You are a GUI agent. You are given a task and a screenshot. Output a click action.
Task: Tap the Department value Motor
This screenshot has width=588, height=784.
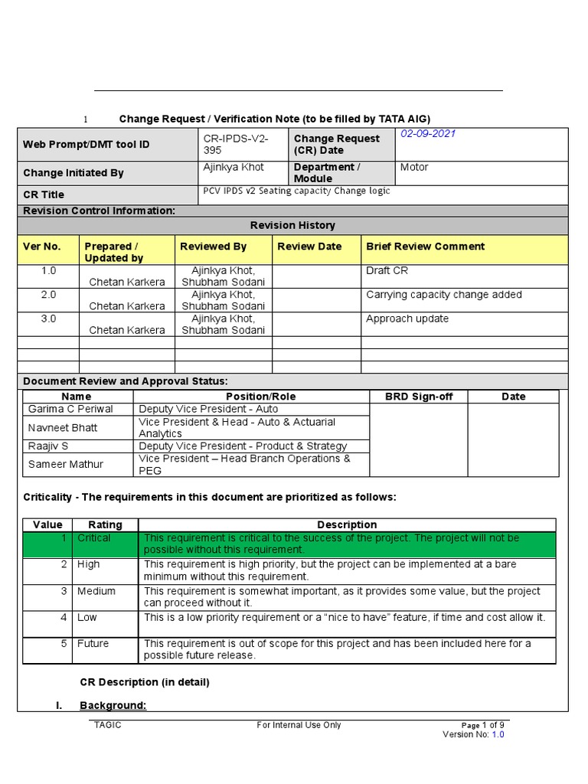pyautogui.click(x=414, y=167)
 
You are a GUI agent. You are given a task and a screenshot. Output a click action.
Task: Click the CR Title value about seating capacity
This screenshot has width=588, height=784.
pyautogui.click(x=296, y=191)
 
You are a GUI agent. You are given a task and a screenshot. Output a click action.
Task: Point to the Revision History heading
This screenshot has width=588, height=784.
pyautogui.click(x=292, y=225)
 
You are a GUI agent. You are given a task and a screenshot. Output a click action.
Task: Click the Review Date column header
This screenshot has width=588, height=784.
pyautogui.click(x=309, y=247)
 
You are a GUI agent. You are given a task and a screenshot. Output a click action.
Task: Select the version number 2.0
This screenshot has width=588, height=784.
pyautogui.click(x=48, y=295)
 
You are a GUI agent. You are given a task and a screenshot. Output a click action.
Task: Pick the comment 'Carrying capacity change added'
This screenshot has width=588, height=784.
pyautogui.click(x=444, y=295)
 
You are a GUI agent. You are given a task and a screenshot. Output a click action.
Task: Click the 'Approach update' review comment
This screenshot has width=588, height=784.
pyautogui.click(x=407, y=318)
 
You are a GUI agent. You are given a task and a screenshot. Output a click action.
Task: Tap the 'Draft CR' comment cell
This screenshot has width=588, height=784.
pyautogui.click(x=387, y=271)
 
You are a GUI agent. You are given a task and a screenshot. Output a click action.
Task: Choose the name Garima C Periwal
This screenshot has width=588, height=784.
pyautogui.click(x=64, y=410)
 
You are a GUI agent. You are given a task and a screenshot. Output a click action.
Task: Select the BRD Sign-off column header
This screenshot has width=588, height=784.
pyautogui.click(x=417, y=397)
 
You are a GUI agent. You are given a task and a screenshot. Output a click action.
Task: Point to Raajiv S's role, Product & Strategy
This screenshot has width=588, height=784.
pyautogui.click(x=243, y=446)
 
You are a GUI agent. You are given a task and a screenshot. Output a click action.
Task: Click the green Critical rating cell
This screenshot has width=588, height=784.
pyautogui.click(x=93, y=538)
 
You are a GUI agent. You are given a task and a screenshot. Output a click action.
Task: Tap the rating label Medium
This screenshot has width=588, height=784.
pyautogui.click(x=96, y=591)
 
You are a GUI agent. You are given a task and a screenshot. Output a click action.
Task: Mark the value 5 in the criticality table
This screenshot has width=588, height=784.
pyautogui.click(x=65, y=644)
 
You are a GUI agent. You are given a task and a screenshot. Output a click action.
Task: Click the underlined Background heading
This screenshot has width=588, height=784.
pyautogui.click(x=113, y=705)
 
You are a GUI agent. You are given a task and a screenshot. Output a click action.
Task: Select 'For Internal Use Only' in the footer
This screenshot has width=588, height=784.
pyautogui.click(x=299, y=725)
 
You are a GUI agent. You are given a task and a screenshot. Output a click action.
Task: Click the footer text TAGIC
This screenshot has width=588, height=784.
pyautogui.click(x=107, y=725)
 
